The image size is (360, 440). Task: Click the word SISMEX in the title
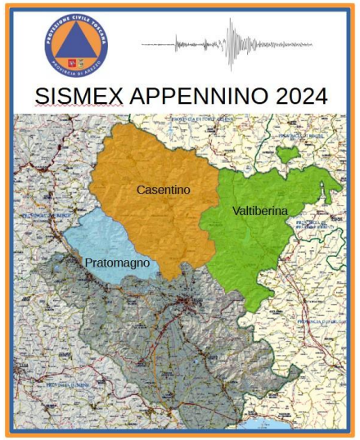tap(72, 96)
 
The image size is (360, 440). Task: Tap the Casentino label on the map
tap(163, 189)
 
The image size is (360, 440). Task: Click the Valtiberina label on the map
tap(260, 211)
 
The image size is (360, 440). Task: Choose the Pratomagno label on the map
tap(117, 264)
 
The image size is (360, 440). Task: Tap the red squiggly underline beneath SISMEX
tap(72, 108)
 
